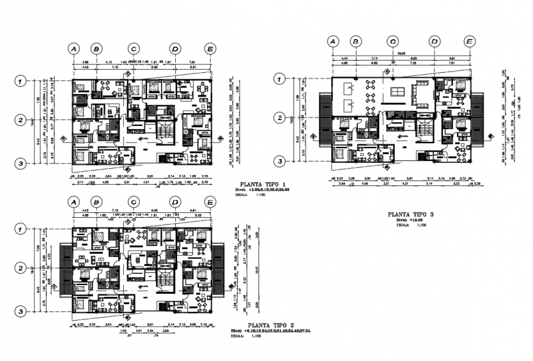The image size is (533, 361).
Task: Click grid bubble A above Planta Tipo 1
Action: tap(74, 48)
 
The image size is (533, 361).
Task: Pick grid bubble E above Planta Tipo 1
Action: tap(210, 48)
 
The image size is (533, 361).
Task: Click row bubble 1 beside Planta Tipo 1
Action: tap(21, 81)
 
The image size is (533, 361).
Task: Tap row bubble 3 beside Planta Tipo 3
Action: tap(279, 161)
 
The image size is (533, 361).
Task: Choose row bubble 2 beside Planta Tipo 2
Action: tap(21, 268)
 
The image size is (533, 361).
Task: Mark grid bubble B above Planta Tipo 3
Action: tap(355, 41)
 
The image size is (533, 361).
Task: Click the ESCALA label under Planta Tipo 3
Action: tap(403, 226)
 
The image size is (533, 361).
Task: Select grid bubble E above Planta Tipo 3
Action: tap(469, 41)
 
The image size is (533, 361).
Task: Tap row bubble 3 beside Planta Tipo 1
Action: tap(21, 163)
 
